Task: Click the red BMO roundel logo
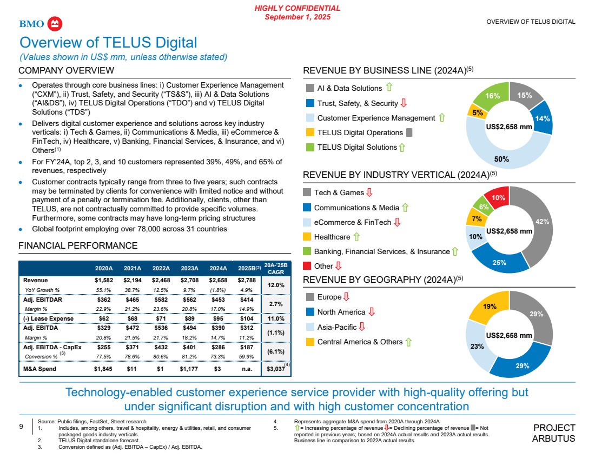[56, 24]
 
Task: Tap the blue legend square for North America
[310, 312]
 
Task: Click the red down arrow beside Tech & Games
[369, 192]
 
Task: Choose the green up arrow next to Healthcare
[356, 237]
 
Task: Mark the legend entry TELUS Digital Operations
[360, 132]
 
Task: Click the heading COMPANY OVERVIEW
[66, 70]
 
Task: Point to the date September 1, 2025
[297, 17]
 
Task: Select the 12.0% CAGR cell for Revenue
[277, 285]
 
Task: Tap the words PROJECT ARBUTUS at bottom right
[554, 433]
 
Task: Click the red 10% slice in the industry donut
[497, 198]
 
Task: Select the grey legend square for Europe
[310, 297]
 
